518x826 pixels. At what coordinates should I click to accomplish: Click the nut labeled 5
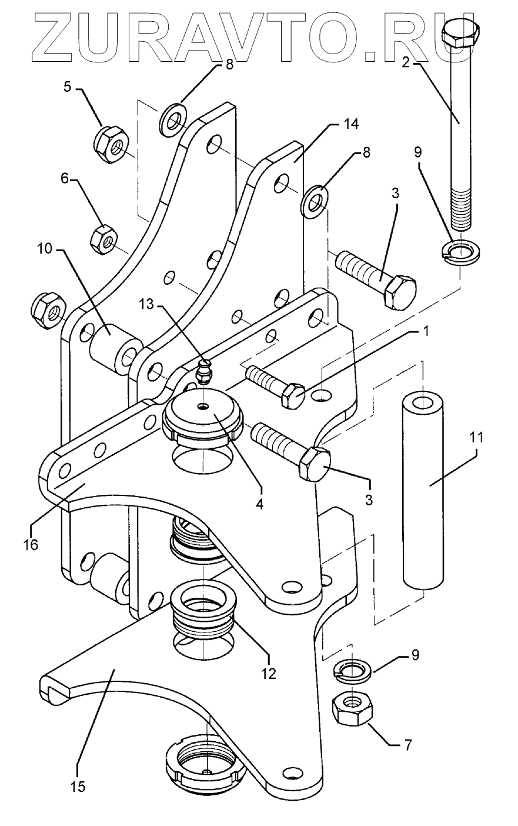(111, 145)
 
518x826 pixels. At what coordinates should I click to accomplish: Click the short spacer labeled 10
(115, 345)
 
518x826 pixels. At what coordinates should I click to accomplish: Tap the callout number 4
(260, 504)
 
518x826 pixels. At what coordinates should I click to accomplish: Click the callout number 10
(45, 249)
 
